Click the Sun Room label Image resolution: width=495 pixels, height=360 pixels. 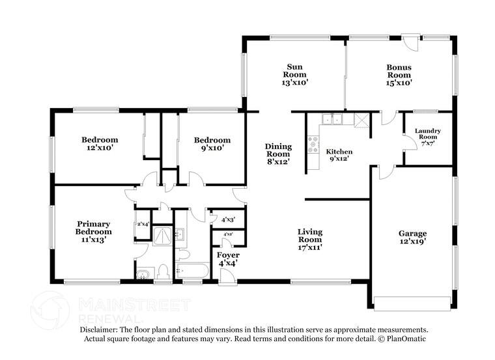(x=294, y=74)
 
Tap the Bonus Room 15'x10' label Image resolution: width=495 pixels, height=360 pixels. (x=399, y=74)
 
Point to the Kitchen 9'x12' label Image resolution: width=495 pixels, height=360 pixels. (x=339, y=155)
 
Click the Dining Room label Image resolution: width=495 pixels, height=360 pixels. (x=278, y=154)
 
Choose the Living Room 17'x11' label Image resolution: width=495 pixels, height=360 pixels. (x=310, y=239)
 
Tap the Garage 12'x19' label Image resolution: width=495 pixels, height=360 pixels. (x=413, y=238)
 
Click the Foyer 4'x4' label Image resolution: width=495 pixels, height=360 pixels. (x=227, y=258)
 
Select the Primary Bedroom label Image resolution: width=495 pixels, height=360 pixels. (x=92, y=231)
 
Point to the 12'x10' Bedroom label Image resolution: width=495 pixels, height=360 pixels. (x=99, y=144)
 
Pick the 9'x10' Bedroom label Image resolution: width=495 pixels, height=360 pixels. (x=212, y=144)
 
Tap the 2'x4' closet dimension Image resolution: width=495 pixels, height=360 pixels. (x=143, y=225)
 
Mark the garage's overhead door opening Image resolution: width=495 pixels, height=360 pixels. (x=413, y=303)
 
